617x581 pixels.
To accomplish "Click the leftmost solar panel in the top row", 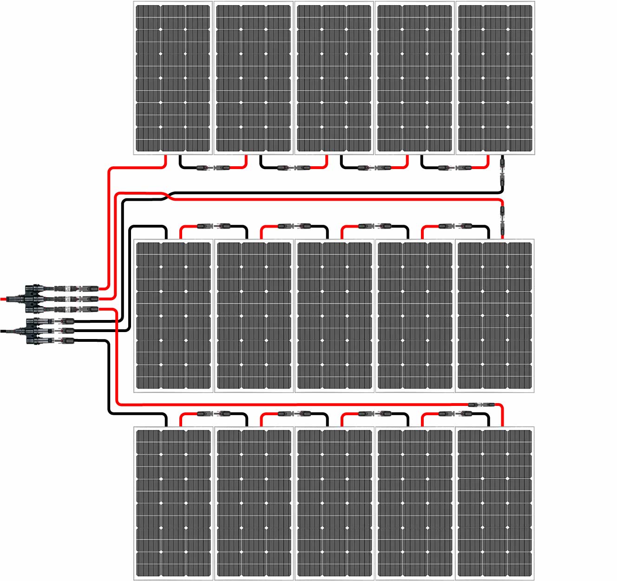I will pos(173,78).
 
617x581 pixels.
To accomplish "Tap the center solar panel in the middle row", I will pos(335,315).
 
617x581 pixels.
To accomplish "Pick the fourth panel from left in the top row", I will pos(414,78).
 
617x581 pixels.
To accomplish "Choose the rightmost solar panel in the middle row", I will pos(495,315).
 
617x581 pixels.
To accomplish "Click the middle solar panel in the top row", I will pos(335,78).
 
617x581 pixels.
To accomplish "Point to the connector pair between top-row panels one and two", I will pos(213,168).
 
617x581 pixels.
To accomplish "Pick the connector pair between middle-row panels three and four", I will pos(374,226).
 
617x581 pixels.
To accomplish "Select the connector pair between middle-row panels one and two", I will pos(213,226).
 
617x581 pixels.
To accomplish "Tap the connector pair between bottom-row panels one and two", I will pos(213,413).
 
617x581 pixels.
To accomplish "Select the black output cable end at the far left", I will pos(4,331).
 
